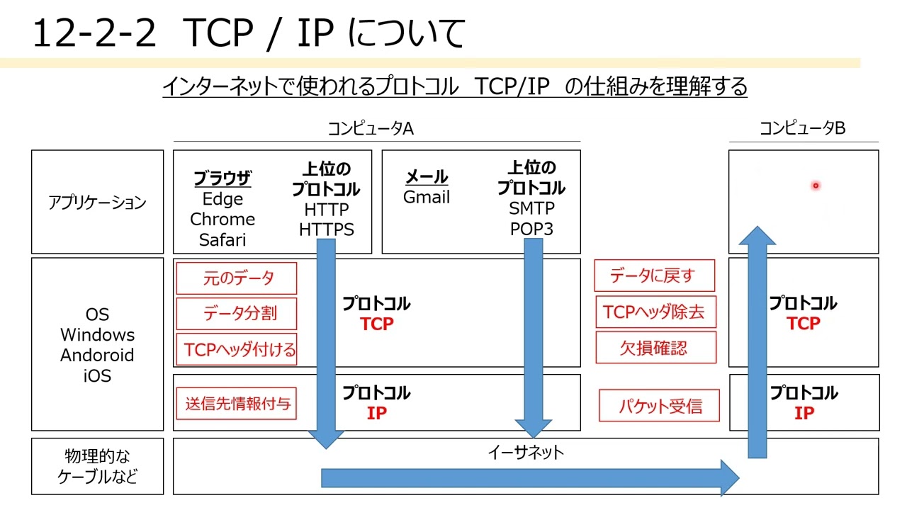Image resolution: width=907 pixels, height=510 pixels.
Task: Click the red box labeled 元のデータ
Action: click(x=237, y=278)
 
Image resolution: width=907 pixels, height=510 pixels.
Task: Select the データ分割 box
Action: click(x=237, y=314)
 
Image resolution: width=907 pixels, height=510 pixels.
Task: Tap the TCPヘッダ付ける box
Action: click(x=237, y=349)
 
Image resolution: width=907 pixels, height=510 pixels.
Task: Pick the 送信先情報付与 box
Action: click(x=237, y=404)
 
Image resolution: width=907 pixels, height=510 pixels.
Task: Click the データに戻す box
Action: click(x=655, y=276)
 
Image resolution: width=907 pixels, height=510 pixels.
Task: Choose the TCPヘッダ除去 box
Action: click(x=656, y=312)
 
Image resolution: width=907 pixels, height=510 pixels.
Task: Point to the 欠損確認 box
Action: click(x=656, y=347)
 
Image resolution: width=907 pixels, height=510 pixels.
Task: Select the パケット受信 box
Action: click(x=659, y=406)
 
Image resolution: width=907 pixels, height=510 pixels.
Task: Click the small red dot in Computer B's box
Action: click(x=816, y=186)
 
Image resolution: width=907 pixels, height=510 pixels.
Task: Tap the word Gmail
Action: click(x=427, y=197)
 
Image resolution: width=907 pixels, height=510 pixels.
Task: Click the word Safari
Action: click(x=222, y=240)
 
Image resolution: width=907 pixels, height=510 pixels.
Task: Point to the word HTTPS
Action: click(x=327, y=230)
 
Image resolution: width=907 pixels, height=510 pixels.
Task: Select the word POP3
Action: click(x=531, y=229)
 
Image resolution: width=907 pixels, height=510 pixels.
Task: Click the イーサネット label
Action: click(x=526, y=453)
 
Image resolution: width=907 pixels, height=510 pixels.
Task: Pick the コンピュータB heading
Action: click(x=803, y=128)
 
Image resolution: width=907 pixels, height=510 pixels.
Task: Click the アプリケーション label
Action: click(x=97, y=203)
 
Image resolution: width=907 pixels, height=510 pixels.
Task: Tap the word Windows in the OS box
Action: click(x=97, y=335)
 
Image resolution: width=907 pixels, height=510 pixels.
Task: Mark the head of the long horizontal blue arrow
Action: click(x=738, y=478)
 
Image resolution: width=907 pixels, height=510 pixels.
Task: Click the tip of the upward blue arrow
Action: click(x=757, y=226)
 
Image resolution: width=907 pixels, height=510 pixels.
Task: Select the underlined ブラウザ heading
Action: click(x=222, y=178)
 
